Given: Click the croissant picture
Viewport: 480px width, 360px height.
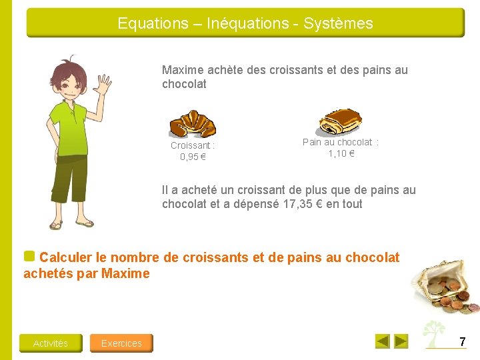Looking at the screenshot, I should coord(192,124).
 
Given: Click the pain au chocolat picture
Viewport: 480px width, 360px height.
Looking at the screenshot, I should coord(340,121).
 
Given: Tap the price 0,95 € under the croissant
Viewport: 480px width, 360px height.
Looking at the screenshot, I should coord(193,157).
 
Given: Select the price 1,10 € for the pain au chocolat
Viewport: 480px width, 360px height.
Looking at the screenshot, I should coord(341,153).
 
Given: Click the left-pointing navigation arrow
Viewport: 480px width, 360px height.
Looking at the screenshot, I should coord(383,341).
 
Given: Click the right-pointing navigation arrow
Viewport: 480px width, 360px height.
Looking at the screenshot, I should coord(401,341).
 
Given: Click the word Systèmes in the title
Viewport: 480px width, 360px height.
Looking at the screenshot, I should coord(338,23).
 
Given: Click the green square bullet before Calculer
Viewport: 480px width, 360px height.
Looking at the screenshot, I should coord(29,256).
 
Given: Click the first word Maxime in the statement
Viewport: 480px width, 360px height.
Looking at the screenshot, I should coord(181,70).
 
